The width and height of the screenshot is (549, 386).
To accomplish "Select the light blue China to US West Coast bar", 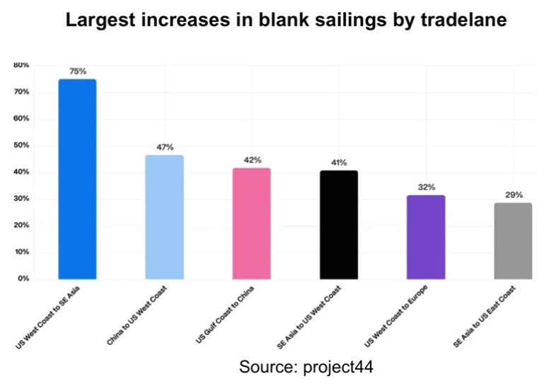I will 164,217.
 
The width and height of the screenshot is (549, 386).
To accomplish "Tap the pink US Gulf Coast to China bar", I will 252,223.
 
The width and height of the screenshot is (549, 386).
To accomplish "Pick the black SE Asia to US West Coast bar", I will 339,225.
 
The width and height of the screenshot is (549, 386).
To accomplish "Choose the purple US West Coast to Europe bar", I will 426,237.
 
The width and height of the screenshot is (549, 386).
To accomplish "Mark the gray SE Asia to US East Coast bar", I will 514,241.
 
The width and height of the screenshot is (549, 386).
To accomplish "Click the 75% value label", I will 77,71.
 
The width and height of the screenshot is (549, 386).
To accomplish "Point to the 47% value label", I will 165,147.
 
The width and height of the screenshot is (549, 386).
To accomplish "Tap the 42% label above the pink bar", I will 253,160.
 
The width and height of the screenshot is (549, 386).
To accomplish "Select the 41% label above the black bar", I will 339,163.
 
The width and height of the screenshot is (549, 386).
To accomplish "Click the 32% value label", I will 427,187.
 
